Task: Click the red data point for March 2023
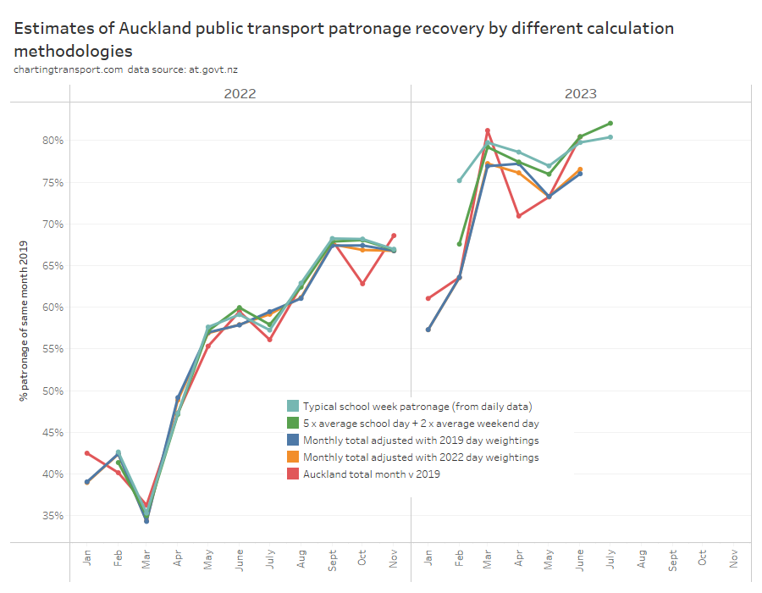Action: point(488,130)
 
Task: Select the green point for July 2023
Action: point(610,123)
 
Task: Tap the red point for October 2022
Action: point(362,283)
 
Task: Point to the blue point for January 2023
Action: point(428,330)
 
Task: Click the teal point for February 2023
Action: point(460,180)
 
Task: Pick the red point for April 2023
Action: point(518,215)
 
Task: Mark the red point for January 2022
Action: point(86,453)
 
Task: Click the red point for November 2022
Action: point(394,236)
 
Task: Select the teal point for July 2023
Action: point(610,136)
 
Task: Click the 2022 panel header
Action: point(240,93)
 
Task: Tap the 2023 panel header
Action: point(581,93)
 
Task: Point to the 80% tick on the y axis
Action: point(53,140)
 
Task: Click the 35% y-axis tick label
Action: point(53,515)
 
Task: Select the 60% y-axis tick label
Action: point(53,307)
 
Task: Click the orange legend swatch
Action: point(293,457)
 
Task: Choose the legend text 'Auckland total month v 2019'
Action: point(371,474)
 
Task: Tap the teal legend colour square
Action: point(293,406)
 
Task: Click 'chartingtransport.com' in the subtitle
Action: point(69,69)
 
